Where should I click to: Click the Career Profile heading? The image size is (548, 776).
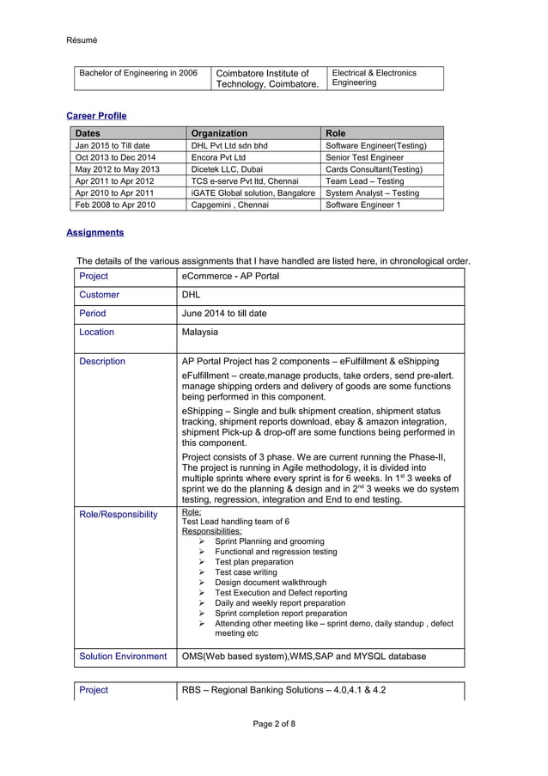click(x=96, y=115)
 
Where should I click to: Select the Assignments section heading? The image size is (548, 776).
click(x=94, y=232)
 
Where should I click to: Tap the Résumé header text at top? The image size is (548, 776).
click(x=82, y=40)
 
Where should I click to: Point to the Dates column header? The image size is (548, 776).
click(x=88, y=133)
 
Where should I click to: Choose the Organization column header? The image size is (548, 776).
click(x=219, y=133)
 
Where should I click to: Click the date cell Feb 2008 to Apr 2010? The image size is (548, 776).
click(x=116, y=205)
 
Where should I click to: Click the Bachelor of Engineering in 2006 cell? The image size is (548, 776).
click(x=138, y=73)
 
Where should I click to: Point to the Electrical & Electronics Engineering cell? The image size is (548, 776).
click(x=374, y=77)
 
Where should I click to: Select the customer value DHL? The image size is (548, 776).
click(x=191, y=295)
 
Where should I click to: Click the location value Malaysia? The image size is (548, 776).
click(x=200, y=332)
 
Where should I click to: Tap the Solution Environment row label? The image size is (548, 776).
click(x=123, y=657)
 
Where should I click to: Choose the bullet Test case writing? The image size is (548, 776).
click(x=246, y=572)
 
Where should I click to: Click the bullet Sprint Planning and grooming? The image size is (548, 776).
click(x=269, y=541)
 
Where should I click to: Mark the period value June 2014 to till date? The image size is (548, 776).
click(x=224, y=314)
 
